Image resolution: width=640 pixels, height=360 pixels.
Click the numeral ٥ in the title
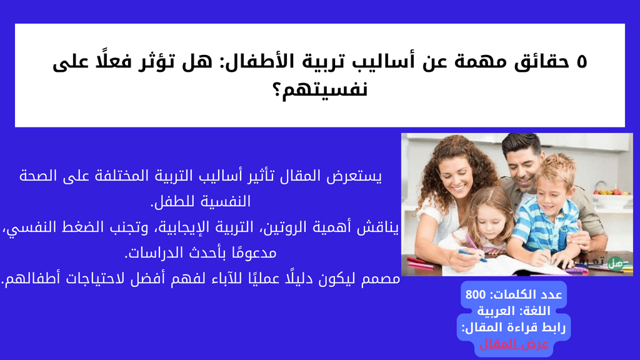pyautogui.click(x=582, y=62)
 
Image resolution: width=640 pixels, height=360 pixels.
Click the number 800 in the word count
pyautogui.click(x=476, y=294)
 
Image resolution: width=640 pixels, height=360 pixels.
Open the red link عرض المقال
pyautogui.click(x=514, y=344)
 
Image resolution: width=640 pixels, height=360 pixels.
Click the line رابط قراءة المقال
pyautogui.click(x=514, y=327)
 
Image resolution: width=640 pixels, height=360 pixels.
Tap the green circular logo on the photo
pyautogui.click(x=614, y=264)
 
